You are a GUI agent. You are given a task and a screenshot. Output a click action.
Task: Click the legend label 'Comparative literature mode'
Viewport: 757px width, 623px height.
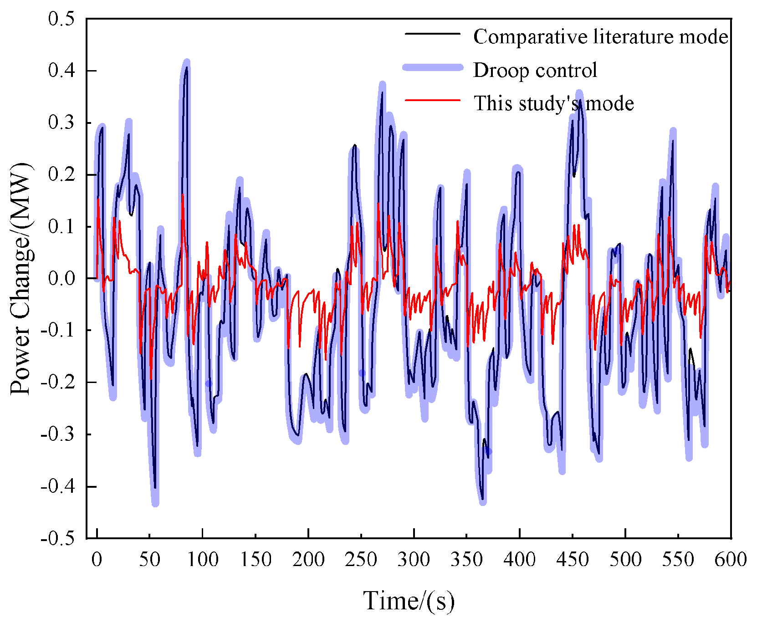pyautogui.click(x=600, y=36)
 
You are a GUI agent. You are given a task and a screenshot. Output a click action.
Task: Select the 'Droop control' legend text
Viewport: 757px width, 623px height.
pyautogui.click(x=535, y=70)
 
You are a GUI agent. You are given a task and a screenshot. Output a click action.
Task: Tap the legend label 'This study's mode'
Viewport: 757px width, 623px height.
pyautogui.click(x=553, y=103)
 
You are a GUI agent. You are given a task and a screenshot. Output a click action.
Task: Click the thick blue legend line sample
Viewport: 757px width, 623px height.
pyautogui.click(x=433, y=68)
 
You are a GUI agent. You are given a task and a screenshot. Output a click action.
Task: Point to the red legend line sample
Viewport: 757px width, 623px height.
pyautogui.click(x=433, y=100)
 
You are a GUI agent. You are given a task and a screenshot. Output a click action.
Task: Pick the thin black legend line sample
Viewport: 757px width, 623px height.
pyautogui.click(x=433, y=33)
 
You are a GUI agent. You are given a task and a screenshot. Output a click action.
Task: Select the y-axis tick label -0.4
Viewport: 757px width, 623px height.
pyautogui.click(x=57, y=486)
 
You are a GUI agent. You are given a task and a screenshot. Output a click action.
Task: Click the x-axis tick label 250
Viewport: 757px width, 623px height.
pyautogui.click(x=361, y=559)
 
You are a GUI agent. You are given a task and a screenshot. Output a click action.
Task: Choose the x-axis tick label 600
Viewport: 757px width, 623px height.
pyautogui.click(x=730, y=559)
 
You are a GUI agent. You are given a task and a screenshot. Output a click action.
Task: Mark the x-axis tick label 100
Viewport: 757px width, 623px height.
pyautogui.click(x=203, y=559)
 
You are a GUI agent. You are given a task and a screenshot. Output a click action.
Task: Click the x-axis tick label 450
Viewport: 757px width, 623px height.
pyautogui.click(x=572, y=559)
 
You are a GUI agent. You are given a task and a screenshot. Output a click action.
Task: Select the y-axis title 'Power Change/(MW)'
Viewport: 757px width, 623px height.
pyautogui.click(x=21, y=278)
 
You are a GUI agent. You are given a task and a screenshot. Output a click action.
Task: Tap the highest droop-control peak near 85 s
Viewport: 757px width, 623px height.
pyautogui.click(x=186, y=63)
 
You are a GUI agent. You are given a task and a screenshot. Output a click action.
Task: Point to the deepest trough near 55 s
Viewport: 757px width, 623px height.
pyautogui.click(x=155, y=502)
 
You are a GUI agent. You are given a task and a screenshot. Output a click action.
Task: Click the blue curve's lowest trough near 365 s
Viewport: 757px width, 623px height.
pyautogui.click(x=483, y=501)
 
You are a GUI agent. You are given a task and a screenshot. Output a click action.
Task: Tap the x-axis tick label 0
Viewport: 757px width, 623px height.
pyautogui.click(x=97, y=559)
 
